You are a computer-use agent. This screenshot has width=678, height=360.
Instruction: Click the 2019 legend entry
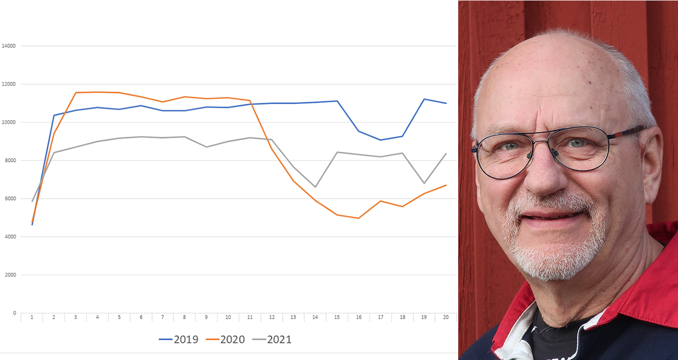click(179, 339)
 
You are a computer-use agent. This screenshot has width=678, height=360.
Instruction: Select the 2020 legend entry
click(226, 339)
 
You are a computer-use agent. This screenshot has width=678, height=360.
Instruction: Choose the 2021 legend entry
click(273, 339)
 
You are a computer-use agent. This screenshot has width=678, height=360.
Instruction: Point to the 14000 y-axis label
click(9, 46)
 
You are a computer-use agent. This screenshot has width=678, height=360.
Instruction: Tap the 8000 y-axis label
click(10, 160)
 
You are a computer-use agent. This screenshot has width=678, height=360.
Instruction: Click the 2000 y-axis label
click(10, 275)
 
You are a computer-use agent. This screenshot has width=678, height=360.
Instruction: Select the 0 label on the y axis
click(15, 313)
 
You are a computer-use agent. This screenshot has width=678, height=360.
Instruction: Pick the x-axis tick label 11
click(250, 317)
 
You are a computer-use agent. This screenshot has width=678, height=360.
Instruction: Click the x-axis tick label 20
click(446, 317)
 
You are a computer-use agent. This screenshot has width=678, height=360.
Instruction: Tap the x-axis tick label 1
click(32, 317)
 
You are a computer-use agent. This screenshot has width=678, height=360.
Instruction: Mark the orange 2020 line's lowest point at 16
click(358, 218)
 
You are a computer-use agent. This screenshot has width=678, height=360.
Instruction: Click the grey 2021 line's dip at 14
click(315, 187)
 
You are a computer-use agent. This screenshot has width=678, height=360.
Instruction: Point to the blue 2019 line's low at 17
click(380, 140)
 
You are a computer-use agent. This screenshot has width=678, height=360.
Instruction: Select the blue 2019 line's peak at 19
click(424, 99)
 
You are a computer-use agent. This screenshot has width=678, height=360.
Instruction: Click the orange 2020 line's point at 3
click(76, 93)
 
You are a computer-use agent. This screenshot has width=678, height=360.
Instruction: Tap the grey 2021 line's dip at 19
click(424, 183)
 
